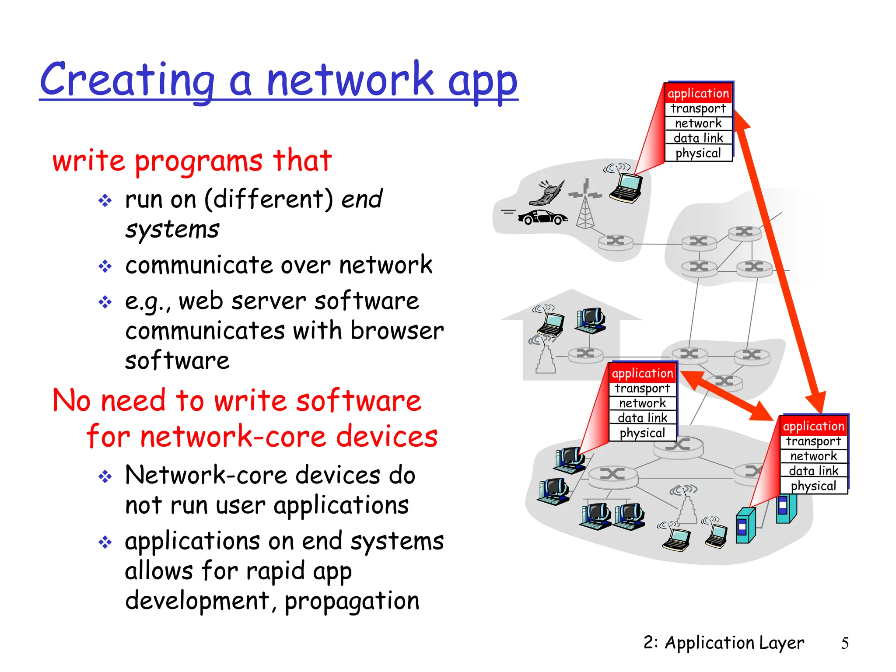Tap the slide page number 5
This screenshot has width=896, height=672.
coord(844,643)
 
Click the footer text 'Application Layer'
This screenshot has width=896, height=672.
coord(734,643)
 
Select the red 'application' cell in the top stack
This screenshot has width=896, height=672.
coord(698,94)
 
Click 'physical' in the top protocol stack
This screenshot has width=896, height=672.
coord(698,153)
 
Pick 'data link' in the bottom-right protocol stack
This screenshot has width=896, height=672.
coord(813,471)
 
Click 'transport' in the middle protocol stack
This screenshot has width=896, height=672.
coord(642,388)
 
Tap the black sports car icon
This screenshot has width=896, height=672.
coord(542,217)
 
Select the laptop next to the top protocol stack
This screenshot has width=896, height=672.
coord(626,187)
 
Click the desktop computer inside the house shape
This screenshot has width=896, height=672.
coord(591,320)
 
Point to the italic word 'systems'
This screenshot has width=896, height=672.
coord(172,230)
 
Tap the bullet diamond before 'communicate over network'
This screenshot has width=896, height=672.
coord(105,266)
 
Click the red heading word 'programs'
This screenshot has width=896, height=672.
coord(198,161)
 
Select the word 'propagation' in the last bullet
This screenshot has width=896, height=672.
coord(352,601)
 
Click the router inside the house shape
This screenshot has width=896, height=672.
coord(585,354)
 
